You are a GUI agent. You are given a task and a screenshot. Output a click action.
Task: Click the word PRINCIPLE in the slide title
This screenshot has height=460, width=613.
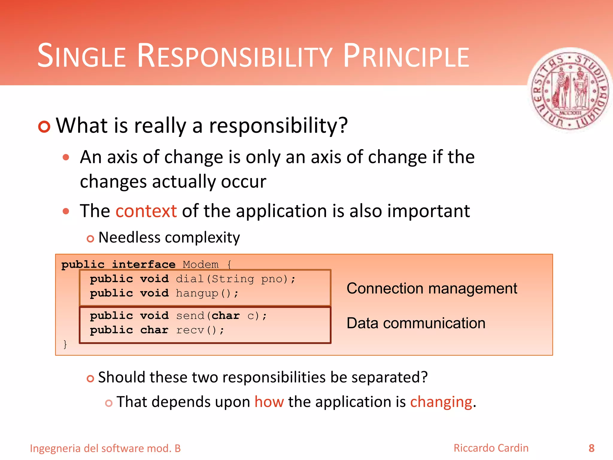(406, 56)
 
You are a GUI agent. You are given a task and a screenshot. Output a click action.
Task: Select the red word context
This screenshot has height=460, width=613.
(146, 211)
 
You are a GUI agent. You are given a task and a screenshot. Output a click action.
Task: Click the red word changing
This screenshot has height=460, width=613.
(441, 402)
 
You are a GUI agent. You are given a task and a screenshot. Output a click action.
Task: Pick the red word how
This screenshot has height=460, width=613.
(269, 402)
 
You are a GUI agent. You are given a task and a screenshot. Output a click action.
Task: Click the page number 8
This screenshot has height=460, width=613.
(591, 448)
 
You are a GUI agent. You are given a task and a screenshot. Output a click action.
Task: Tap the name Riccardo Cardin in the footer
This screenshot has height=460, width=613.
(491, 448)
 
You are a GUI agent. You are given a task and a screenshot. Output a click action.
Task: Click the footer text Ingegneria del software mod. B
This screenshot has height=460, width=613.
(105, 448)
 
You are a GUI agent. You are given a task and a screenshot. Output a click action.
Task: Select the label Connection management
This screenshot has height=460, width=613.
(432, 288)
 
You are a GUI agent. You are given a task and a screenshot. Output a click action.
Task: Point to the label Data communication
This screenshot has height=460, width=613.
(416, 323)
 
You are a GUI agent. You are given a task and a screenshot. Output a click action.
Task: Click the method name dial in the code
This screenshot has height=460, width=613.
(189, 279)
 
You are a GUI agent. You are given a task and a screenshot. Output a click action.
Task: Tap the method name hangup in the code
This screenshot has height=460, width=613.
(197, 293)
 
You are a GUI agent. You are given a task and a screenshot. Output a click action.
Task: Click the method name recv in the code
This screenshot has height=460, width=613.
(190, 330)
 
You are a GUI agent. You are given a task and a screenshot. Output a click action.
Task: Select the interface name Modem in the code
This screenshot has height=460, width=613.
(201, 264)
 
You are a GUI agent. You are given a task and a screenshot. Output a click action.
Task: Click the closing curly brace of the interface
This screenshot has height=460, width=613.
(65, 344)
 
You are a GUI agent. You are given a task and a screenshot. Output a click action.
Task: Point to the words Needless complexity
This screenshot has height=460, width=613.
(169, 237)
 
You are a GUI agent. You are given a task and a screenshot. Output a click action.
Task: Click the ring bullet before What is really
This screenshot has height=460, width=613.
(44, 127)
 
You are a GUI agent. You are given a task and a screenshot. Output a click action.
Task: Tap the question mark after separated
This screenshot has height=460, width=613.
(424, 377)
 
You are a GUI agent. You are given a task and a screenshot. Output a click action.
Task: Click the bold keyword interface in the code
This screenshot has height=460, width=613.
(144, 264)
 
